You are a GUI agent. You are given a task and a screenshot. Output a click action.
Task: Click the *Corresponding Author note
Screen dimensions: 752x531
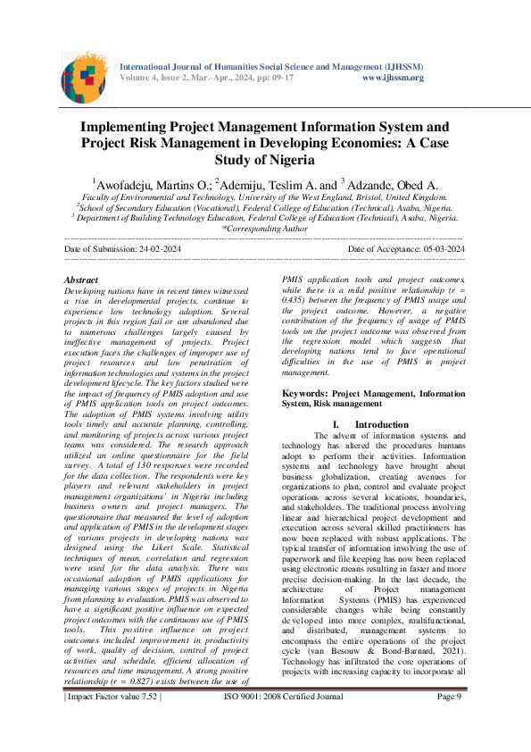265,230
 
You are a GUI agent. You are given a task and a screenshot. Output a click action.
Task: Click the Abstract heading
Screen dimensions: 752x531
82,280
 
